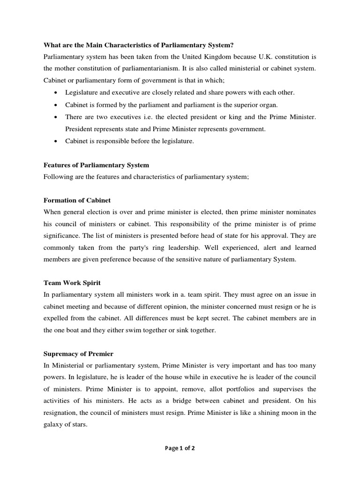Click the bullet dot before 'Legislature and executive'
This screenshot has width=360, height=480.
click(x=56, y=93)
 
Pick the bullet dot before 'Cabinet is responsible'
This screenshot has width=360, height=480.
click(x=56, y=141)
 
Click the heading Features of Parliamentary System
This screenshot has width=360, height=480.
click(x=96, y=165)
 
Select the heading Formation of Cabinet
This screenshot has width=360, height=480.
click(x=77, y=200)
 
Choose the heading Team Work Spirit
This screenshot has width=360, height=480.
click(x=72, y=283)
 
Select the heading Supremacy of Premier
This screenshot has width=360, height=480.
click(x=78, y=353)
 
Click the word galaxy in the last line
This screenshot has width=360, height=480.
click(x=55, y=425)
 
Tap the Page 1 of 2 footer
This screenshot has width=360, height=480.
click(x=180, y=448)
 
